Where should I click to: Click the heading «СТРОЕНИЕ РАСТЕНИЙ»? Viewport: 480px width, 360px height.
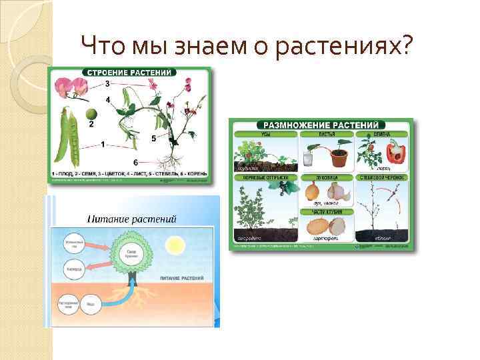coord(127,72)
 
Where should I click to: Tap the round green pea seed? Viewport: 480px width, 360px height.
coord(91,115)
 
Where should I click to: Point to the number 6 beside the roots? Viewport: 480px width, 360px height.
coord(136,163)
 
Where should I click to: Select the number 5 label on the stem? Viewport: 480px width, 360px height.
coord(153,139)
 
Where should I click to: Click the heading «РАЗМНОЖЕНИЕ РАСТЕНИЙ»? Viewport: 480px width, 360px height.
coord(321,125)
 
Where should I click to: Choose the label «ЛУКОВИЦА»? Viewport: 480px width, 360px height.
coord(322,179)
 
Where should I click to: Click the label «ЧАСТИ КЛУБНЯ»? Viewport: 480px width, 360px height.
coord(322,211)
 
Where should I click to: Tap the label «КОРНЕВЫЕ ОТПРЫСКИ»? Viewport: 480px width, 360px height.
coord(263,179)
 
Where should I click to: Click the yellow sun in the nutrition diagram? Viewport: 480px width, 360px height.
coord(175,244)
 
